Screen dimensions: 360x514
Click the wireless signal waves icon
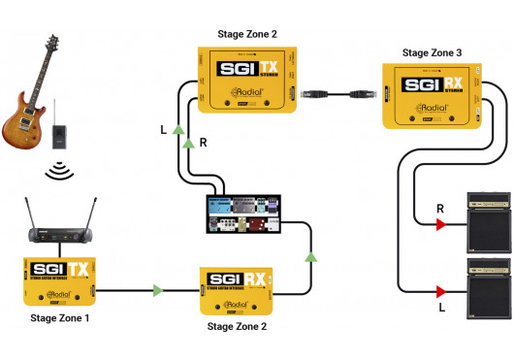(60, 172)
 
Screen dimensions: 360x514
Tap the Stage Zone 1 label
(60, 317)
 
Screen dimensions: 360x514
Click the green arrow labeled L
(177, 129)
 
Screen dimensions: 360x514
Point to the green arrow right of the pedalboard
(310, 258)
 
